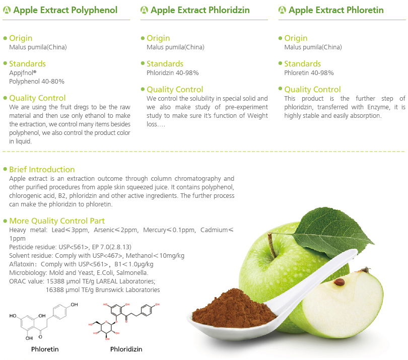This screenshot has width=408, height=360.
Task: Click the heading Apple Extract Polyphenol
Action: pyautogui.click(x=65, y=10)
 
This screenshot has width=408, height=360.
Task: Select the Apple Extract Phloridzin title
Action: pyautogui.click(x=200, y=10)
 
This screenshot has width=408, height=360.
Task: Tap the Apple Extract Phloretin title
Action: pyautogui.click(x=336, y=10)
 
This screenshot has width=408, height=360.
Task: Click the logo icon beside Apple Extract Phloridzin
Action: pyautogui.click(x=144, y=10)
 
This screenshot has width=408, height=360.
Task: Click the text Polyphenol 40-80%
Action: pyautogui.click(x=37, y=82)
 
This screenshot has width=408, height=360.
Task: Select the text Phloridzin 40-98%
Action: pyautogui.click(x=172, y=73)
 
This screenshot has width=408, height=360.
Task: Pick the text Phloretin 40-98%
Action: pyautogui.click(x=309, y=73)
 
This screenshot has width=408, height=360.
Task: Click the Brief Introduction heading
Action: pyautogui.click(x=42, y=169)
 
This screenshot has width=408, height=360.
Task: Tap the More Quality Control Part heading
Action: pyautogui.click(x=57, y=221)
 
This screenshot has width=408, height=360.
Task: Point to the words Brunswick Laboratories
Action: pyautogui.click(x=127, y=290)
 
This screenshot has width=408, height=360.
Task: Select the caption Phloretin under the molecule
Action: pyautogui.click(x=45, y=349)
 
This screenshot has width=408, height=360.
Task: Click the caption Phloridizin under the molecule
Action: pyautogui.click(x=126, y=349)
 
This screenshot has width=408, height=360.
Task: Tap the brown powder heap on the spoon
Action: pyautogui.click(x=232, y=309)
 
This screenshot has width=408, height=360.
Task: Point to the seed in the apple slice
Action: pyautogui.click(x=339, y=282)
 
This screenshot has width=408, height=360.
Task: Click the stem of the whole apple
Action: pyautogui.click(x=272, y=245)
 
